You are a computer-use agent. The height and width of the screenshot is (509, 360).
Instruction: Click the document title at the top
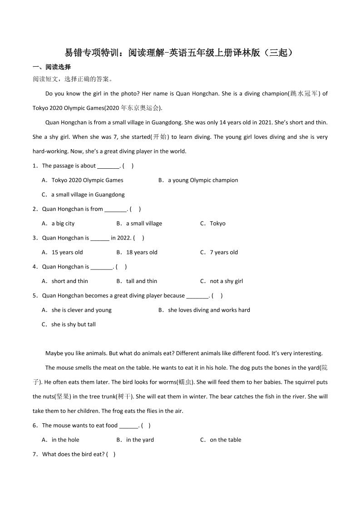(x=180, y=53)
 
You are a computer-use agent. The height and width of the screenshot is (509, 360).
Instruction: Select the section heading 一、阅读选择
(x=52, y=67)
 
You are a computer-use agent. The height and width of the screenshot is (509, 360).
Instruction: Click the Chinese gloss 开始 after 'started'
(x=159, y=137)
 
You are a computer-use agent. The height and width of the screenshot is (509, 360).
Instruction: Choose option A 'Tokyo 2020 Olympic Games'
(x=87, y=180)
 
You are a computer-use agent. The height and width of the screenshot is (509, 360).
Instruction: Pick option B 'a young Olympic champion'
(x=202, y=180)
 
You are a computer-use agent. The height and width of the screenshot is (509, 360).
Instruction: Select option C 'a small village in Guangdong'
(x=88, y=195)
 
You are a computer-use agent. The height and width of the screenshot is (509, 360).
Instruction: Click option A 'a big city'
(x=63, y=223)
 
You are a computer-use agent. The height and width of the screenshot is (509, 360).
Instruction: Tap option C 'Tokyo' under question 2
(x=217, y=223)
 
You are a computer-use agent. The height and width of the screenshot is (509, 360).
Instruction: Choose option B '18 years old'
(x=142, y=252)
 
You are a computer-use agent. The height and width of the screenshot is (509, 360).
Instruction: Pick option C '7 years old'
(x=223, y=252)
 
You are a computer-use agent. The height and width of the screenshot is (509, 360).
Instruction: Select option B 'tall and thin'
(x=141, y=281)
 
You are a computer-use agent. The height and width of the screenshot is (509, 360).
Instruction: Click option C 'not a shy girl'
(x=226, y=281)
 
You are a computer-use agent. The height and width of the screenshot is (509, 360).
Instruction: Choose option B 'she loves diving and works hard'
(x=209, y=310)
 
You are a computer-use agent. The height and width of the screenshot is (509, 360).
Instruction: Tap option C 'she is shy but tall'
(x=73, y=324)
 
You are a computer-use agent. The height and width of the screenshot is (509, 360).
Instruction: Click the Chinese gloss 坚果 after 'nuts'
(x=63, y=396)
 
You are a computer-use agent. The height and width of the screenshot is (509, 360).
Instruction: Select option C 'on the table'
(x=225, y=440)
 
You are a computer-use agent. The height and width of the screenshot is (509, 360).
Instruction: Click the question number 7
(x=35, y=454)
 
